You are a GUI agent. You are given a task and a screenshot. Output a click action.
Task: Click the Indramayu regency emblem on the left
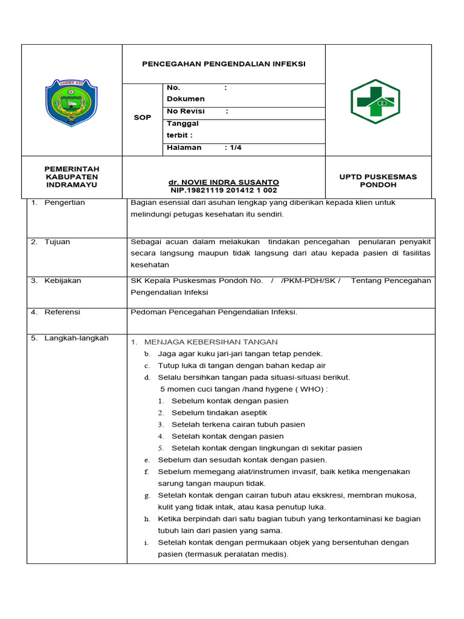click(71, 103)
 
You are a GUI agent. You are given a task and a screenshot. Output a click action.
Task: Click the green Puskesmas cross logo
click(375, 101)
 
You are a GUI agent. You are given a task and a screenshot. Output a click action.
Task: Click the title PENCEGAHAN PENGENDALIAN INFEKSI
click(224, 63)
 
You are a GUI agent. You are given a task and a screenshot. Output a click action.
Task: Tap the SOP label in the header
click(142, 117)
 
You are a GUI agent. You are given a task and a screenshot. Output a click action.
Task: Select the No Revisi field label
click(185, 111)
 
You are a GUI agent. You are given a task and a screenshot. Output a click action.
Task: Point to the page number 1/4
click(233, 147)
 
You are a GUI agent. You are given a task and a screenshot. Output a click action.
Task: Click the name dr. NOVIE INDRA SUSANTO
click(224, 182)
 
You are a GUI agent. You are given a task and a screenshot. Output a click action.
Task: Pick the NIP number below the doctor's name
click(224, 190)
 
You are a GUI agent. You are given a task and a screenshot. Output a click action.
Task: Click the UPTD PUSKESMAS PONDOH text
click(378, 180)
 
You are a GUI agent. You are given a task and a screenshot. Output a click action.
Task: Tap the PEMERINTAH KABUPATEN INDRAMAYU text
click(72, 177)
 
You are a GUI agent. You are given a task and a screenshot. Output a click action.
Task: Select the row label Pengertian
click(65, 203)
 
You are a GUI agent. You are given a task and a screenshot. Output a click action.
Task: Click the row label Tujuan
click(57, 242)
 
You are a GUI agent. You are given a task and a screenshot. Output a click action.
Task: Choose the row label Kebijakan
click(63, 280)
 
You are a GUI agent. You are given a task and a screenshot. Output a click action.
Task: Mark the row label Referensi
click(62, 312)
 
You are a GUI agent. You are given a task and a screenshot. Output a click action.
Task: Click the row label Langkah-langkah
click(76, 338)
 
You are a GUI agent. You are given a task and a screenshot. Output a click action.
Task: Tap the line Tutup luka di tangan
click(242, 366)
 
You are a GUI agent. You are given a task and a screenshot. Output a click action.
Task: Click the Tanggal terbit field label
click(182, 129)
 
